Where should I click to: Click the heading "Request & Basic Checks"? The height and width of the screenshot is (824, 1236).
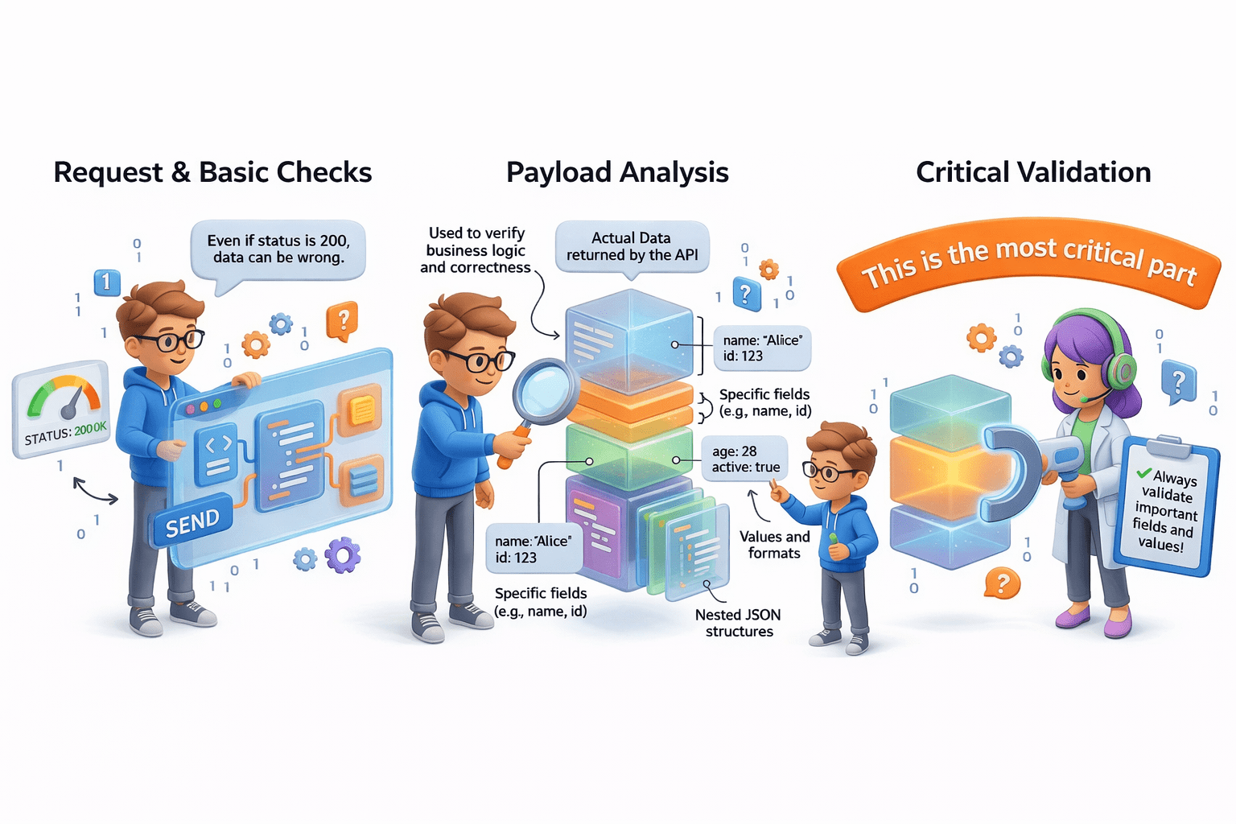point(212,172)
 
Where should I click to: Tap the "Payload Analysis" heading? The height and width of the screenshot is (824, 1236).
point(617,172)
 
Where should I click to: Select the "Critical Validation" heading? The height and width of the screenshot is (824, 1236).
point(1033,172)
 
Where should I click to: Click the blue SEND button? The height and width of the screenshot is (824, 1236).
point(192,524)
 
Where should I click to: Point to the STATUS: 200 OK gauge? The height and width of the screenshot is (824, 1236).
point(62,408)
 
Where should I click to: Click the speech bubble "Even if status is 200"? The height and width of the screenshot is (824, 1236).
point(278,249)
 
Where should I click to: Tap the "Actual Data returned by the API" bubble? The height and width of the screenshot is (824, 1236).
point(632,246)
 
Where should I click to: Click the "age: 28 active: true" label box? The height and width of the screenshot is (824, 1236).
point(745,459)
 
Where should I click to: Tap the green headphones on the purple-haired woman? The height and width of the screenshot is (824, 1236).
point(1120,369)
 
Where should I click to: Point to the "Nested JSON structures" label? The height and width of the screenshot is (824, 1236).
point(738,623)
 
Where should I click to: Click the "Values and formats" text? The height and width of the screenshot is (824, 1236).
point(774,545)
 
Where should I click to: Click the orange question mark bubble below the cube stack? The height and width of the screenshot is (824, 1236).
point(1002,583)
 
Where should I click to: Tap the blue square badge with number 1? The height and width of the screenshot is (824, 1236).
point(107,282)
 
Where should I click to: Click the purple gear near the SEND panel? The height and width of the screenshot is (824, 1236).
point(343,554)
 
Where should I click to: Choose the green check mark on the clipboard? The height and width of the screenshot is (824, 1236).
point(1143,473)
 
